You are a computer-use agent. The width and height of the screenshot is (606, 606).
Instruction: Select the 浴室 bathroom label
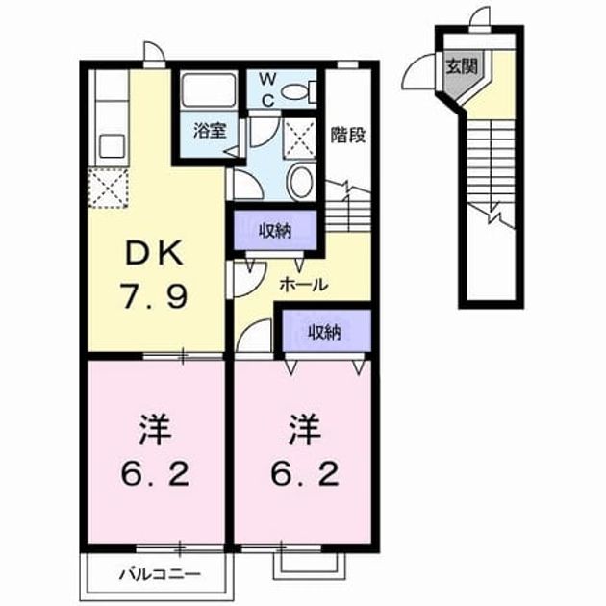click(x=210, y=131)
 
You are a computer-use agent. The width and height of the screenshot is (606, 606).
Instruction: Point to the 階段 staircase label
click(x=348, y=135)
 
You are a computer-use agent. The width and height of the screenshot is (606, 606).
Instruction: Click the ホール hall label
click(x=304, y=286)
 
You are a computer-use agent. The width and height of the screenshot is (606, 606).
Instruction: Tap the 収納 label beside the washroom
click(x=275, y=231)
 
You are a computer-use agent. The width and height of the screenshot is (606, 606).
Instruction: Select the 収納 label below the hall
click(x=324, y=332)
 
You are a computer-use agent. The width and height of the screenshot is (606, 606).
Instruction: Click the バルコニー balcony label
click(x=160, y=574)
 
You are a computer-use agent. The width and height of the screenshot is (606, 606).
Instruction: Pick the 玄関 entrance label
click(x=462, y=66)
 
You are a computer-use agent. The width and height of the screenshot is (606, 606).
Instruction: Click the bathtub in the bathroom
click(x=209, y=90)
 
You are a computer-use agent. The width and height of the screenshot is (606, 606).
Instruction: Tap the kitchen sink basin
click(x=113, y=146)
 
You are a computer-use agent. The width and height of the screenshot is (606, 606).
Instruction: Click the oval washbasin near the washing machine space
click(x=301, y=181)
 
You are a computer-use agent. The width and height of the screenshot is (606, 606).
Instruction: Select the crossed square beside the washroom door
click(x=300, y=138)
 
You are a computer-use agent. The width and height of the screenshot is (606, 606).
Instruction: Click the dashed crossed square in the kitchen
click(x=108, y=189)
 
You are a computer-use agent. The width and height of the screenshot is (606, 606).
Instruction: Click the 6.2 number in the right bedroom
click(x=304, y=474)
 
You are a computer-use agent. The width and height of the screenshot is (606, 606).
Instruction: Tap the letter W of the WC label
click(x=267, y=80)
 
